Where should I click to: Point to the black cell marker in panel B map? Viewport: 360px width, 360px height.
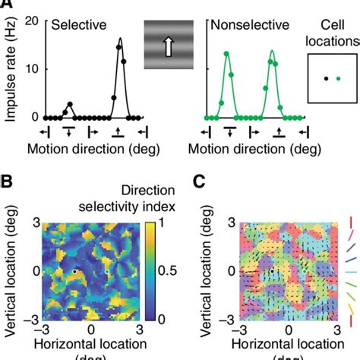[x=74, y=270]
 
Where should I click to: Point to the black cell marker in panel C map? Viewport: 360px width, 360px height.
[x=272, y=270]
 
